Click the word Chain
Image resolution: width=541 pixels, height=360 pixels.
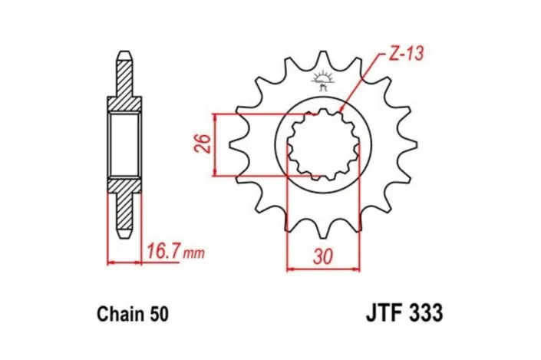click(120, 315)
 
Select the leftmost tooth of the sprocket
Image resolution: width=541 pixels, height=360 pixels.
click(236, 145)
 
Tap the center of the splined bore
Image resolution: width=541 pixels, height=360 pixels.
click(323, 144)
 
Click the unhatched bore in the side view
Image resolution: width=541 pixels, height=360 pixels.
click(124, 144)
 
